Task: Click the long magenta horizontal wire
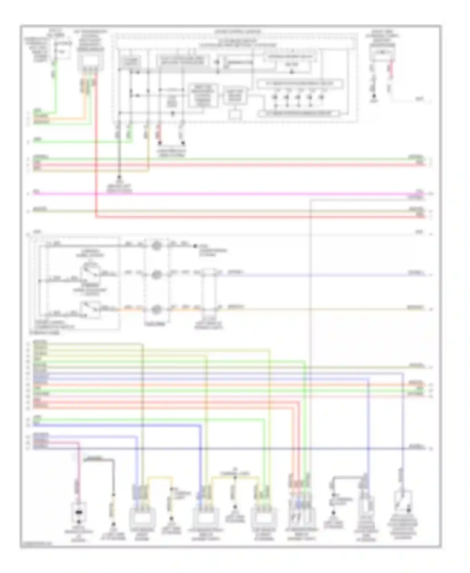(x=219, y=194)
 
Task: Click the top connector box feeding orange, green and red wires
(x=90, y=62)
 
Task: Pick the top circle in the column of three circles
(x=156, y=245)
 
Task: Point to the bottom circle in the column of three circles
(x=156, y=310)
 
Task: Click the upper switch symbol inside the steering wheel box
(x=90, y=271)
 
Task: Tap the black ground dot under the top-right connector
(x=374, y=97)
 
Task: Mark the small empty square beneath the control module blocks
(x=234, y=114)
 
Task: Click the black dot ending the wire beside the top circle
(x=195, y=246)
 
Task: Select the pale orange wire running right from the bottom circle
(x=313, y=309)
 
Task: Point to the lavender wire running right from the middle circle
(x=313, y=275)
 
